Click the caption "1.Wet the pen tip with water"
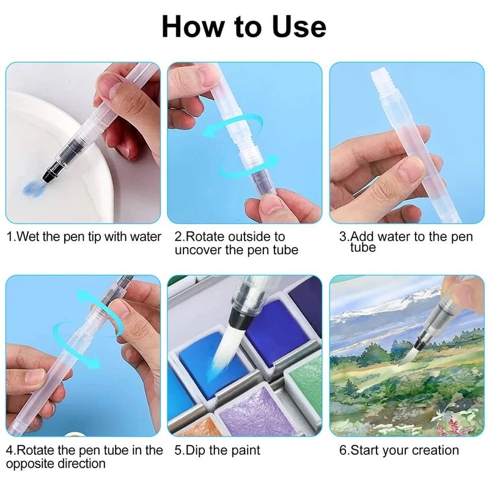pos(84,237)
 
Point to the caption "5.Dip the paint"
pos(217,450)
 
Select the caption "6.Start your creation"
pos(399,450)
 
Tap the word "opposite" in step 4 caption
pos(31,465)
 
